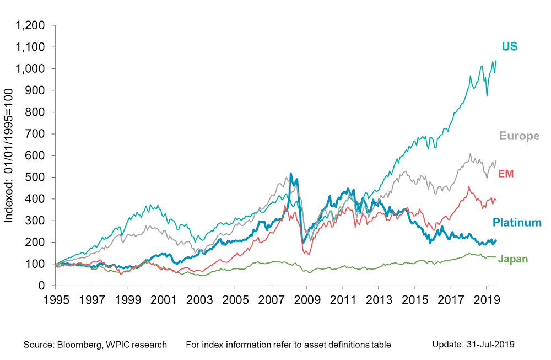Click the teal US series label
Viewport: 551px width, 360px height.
coord(510,46)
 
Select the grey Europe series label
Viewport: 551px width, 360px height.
coord(520,136)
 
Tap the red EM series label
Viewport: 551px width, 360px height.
coord(506,174)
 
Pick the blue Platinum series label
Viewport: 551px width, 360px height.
coord(517,222)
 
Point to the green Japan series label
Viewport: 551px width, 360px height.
coord(513,259)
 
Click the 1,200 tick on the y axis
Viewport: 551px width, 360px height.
coord(30,25)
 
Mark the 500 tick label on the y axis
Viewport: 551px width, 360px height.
coord(35,177)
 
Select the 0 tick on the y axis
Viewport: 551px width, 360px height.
coord(41,286)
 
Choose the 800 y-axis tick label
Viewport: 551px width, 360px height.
coord(35,112)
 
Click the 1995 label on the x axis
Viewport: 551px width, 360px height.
coord(56,300)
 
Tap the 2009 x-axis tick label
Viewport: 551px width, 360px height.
coord(307,300)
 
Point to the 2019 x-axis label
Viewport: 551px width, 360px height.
coord(487,300)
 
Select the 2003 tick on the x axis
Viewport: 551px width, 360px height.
coord(199,300)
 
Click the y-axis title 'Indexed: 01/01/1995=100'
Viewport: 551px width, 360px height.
coord(8,155)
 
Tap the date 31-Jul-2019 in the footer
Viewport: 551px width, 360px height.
coord(490,345)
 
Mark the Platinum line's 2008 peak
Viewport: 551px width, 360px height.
coord(290,173)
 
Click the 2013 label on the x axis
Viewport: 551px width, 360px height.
coord(379,300)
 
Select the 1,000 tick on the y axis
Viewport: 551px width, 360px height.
coord(30,68)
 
